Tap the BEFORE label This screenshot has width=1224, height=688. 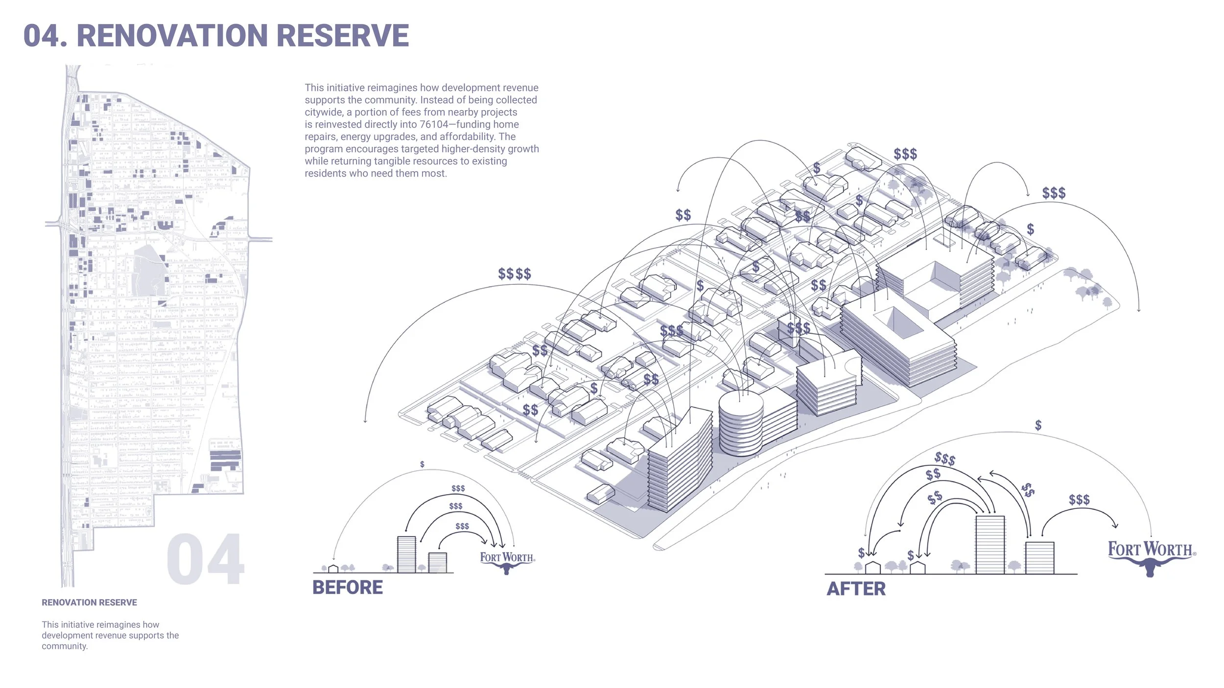tap(348, 587)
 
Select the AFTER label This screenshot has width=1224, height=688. tap(856, 589)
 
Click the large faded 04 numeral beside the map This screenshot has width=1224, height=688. tap(205, 559)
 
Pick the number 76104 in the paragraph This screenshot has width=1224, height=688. tap(434, 124)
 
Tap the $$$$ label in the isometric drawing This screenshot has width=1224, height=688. tap(515, 274)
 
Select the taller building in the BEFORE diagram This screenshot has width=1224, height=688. tap(406, 554)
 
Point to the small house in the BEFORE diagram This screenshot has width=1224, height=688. tap(333, 569)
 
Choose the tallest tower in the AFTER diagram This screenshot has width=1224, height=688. tap(990, 545)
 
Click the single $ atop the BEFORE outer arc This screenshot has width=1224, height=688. tap(422, 464)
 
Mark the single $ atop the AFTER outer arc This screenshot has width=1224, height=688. tap(1038, 425)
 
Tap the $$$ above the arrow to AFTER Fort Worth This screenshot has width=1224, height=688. tap(1079, 500)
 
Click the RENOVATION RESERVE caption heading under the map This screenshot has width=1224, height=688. tap(89, 602)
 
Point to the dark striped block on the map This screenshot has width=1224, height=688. tap(225, 460)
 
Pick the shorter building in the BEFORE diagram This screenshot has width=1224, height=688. tap(437, 563)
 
